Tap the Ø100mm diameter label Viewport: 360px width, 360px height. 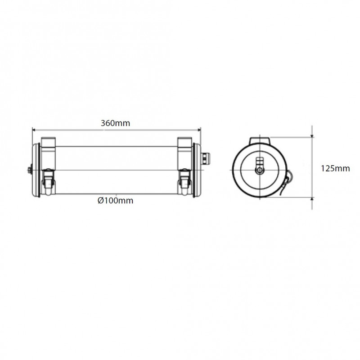tap(116, 201)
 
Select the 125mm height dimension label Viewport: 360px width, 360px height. tap(335, 168)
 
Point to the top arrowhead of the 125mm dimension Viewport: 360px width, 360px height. tap(312, 139)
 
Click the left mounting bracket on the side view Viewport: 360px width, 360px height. tap(48, 145)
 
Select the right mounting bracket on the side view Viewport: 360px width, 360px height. tap(184, 145)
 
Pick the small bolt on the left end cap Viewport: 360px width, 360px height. tap(29, 170)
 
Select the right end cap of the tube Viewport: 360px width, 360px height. tap(197, 170)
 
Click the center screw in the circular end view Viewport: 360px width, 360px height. tap(259, 171)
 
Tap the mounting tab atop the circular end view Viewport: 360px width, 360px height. tap(260, 140)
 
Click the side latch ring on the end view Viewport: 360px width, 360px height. tap(288, 180)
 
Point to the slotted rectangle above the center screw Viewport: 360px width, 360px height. tap(259, 162)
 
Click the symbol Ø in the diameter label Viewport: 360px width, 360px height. tap(100, 201)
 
